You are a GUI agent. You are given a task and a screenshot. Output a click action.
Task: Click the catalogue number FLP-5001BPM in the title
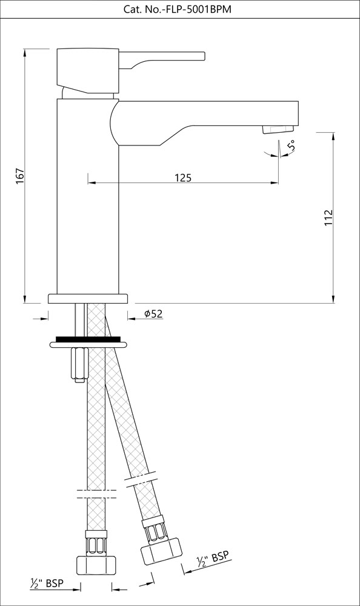[x=199, y=10]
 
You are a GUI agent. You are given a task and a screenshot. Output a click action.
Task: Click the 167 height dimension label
[x=19, y=176]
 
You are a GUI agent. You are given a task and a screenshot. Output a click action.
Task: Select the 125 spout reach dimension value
[x=183, y=178]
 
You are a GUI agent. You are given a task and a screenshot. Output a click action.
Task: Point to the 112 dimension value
[x=328, y=218]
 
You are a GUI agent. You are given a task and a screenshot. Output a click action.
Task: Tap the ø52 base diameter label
[x=153, y=313]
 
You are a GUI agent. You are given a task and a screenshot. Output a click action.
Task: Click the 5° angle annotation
[x=292, y=146]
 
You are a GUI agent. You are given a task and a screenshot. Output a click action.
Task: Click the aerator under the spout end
[x=276, y=129]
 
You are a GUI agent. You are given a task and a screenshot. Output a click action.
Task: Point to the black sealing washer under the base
[x=88, y=338]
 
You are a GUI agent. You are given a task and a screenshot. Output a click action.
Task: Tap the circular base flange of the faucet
[x=88, y=298]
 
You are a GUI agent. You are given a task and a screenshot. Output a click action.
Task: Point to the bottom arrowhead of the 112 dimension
[x=334, y=297]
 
